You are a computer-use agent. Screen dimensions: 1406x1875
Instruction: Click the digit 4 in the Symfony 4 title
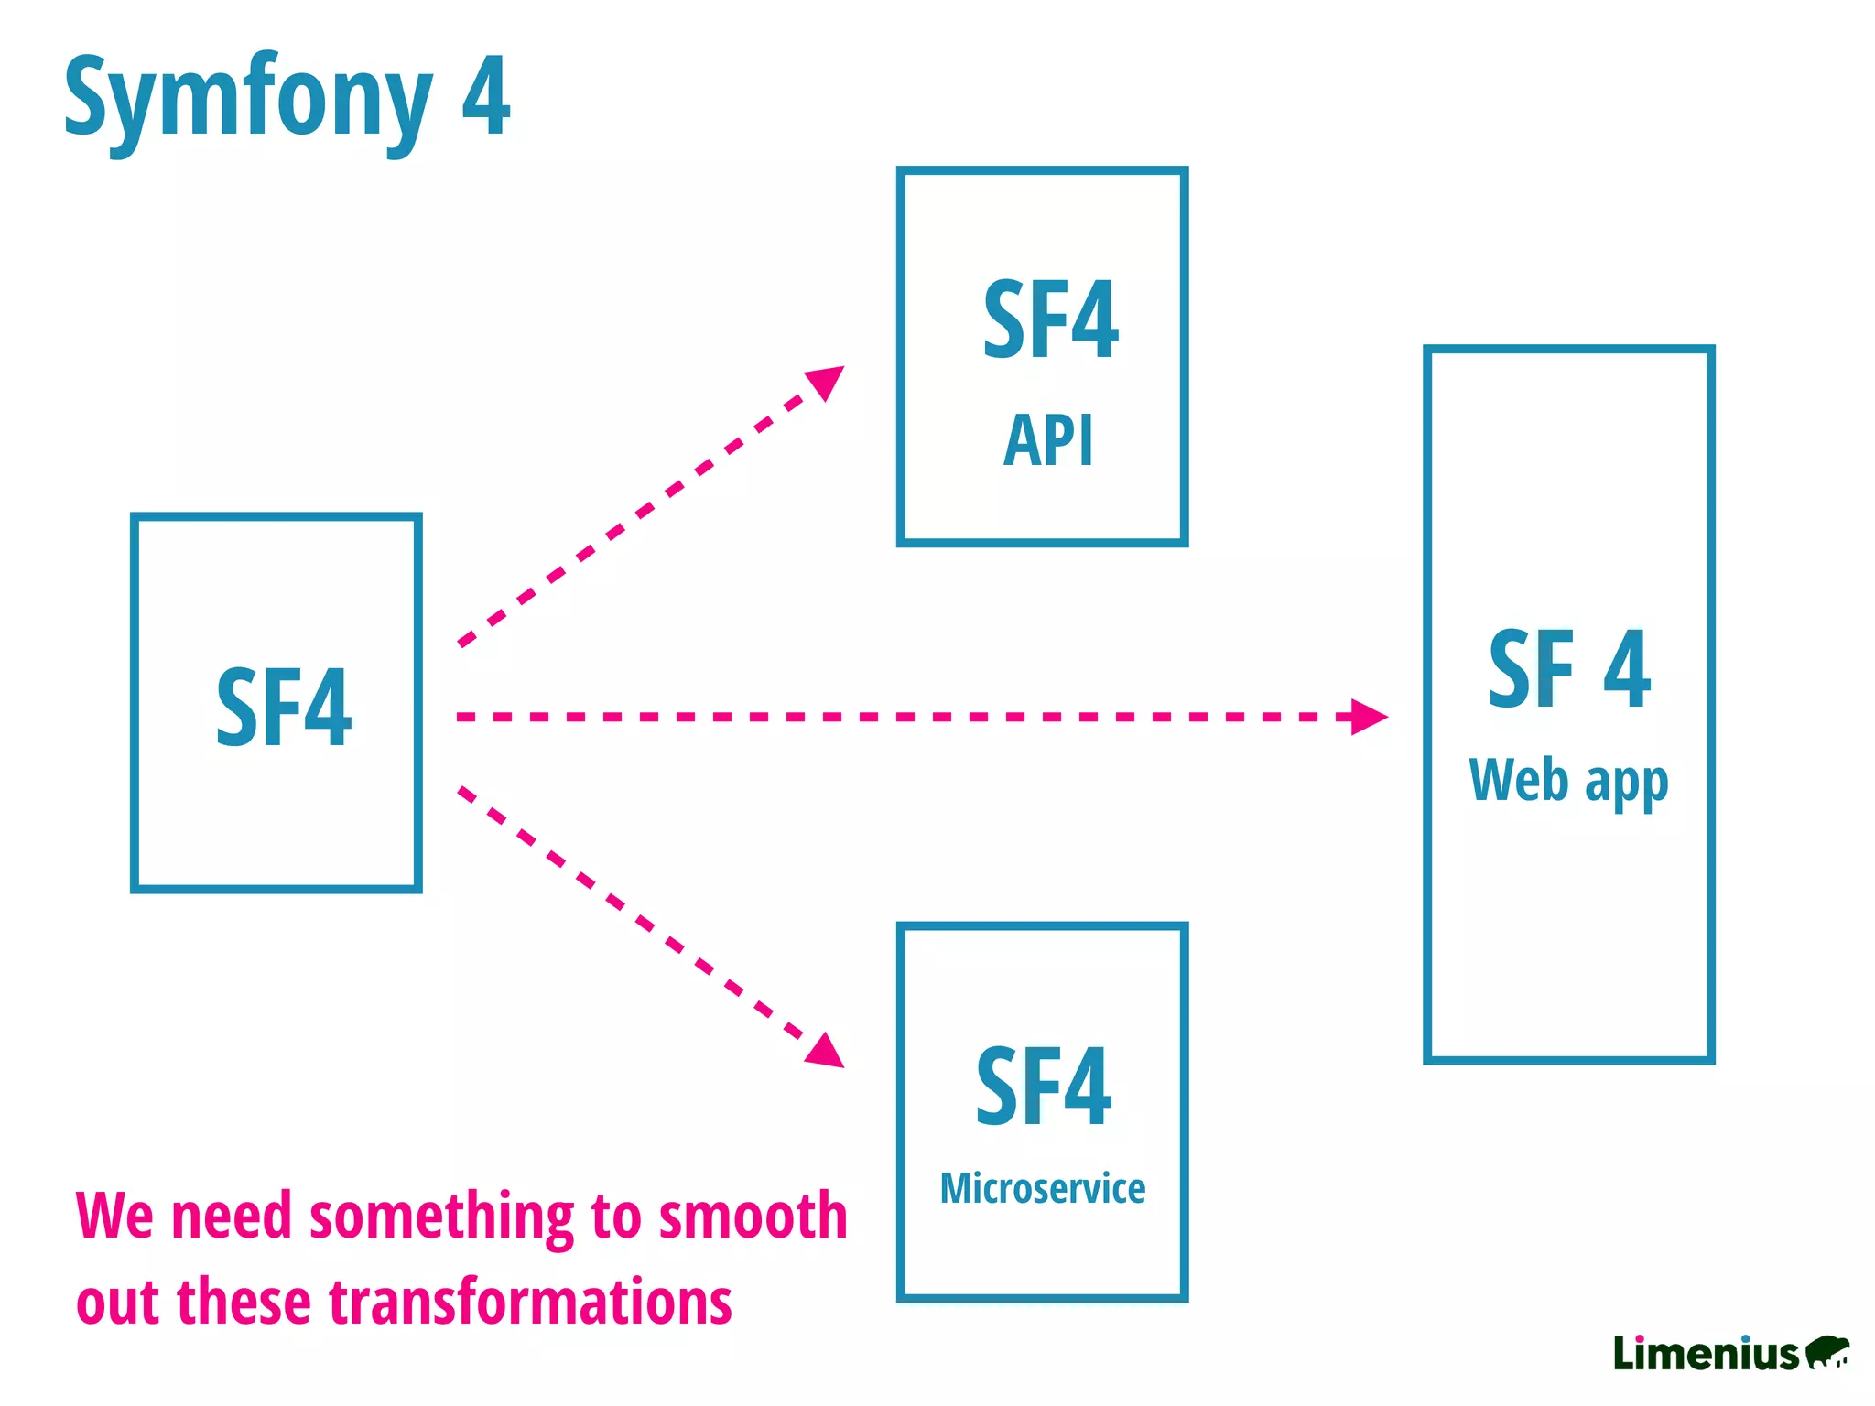[485, 96]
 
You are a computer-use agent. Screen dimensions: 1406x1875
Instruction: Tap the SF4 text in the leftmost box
[283, 707]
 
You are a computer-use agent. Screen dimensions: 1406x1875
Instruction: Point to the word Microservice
[1042, 1188]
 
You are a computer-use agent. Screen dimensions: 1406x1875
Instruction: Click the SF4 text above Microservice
[1043, 1087]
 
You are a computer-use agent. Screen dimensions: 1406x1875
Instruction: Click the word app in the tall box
[1626, 784]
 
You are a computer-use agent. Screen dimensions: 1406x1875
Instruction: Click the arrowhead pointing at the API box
[826, 381]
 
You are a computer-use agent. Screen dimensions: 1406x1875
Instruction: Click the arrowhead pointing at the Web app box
[1368, 717]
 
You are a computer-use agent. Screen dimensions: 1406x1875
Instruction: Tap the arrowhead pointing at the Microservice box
[826, 1051]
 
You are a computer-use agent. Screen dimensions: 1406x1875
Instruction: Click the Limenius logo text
[1706, 1353]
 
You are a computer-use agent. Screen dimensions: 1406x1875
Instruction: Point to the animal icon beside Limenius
[1827, 1351]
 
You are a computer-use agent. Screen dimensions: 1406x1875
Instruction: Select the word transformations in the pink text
[530, 1302]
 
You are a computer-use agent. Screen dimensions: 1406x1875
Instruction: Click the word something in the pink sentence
[441, 1217]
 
